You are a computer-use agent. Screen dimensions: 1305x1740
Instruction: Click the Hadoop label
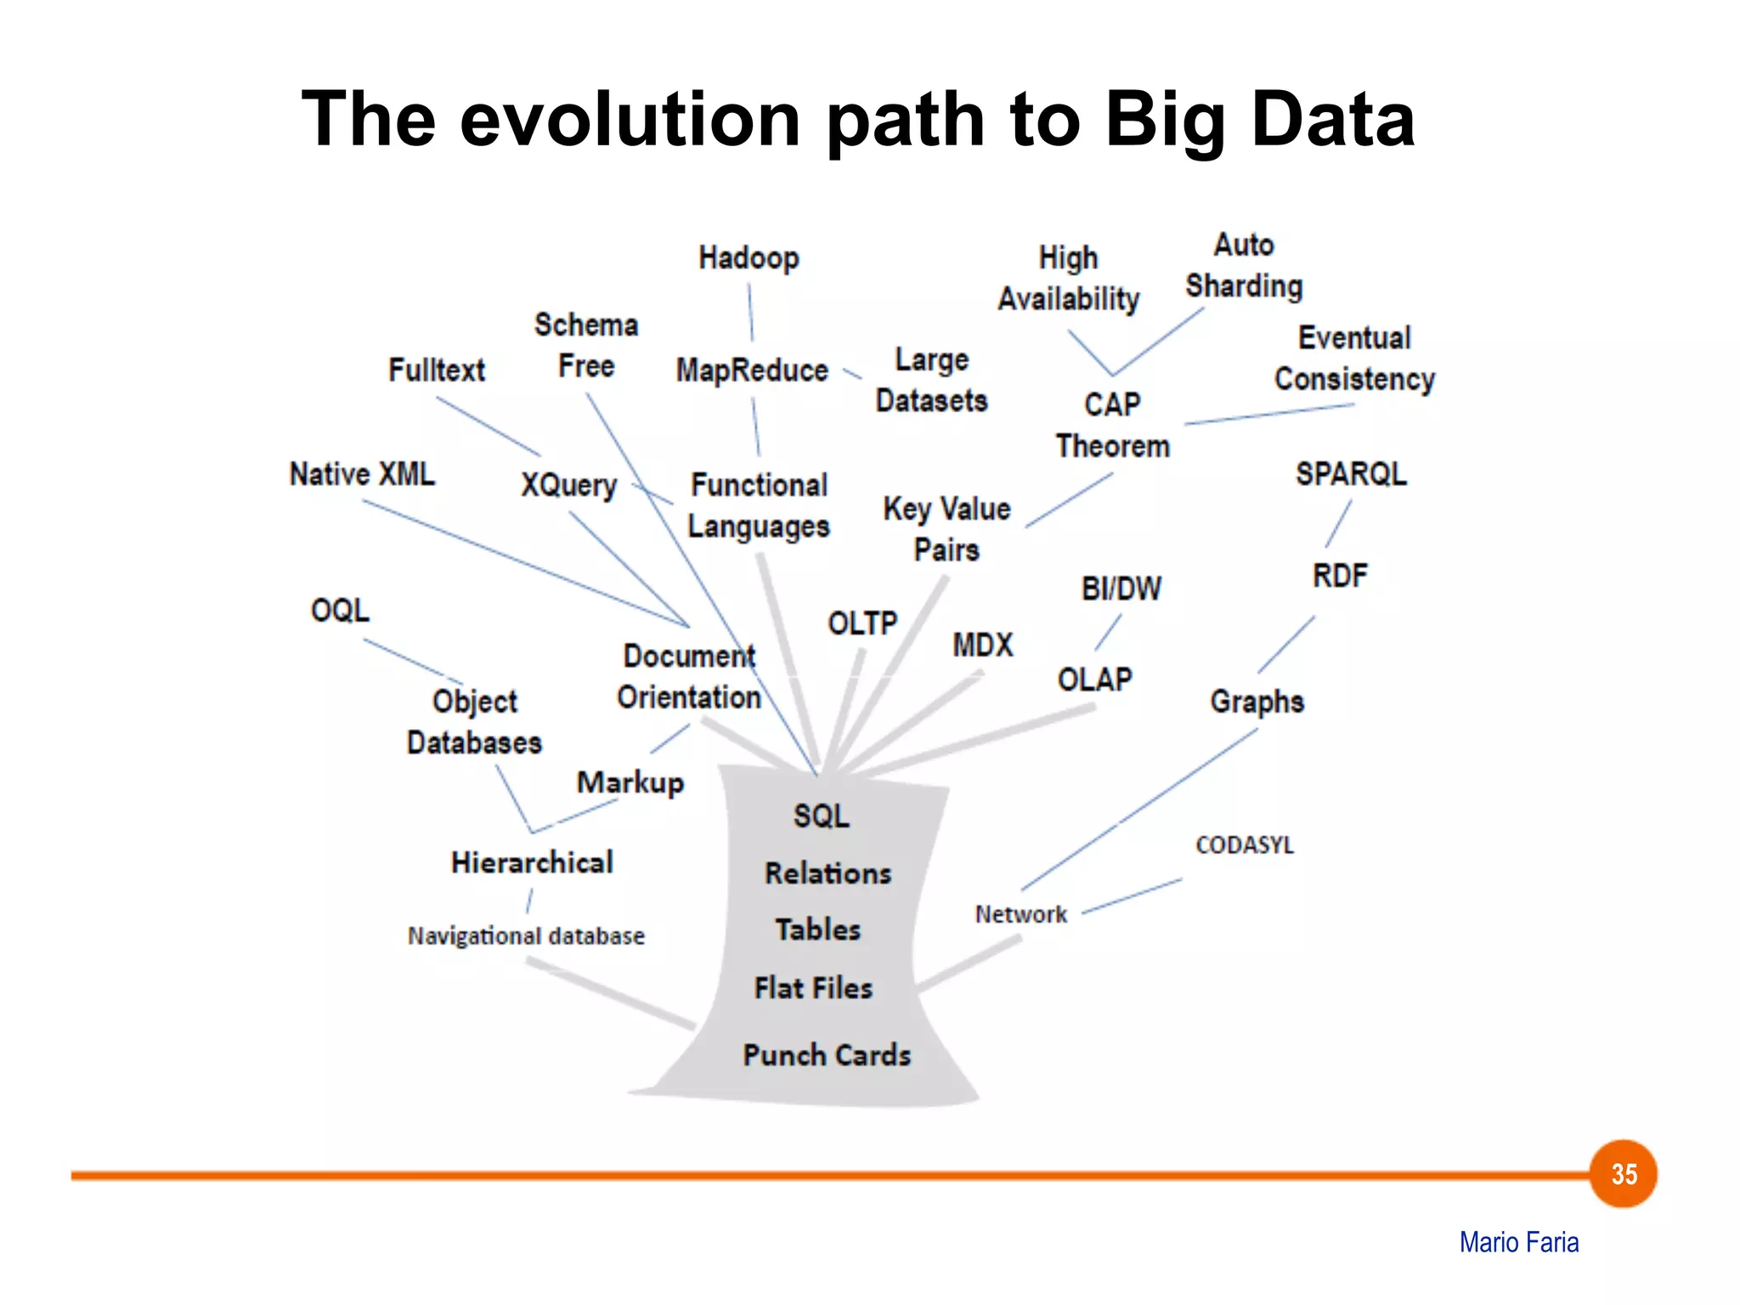pos(749,257)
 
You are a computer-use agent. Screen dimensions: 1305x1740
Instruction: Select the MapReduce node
pos(752,370)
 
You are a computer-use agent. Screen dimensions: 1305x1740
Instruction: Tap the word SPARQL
pos(1351,473)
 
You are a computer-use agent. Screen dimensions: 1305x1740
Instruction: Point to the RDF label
pos(1340,576)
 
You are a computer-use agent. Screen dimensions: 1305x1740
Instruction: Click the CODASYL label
pos(1244,845)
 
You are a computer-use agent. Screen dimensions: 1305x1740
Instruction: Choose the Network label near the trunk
pos(1020,914)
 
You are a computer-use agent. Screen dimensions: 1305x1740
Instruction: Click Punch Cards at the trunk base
pos(827,1054)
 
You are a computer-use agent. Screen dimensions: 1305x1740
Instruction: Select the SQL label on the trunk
pos(821,816)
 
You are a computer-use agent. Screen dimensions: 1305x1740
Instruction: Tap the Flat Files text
pos(813,988)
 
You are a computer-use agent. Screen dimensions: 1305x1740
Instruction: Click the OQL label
pos(340,610)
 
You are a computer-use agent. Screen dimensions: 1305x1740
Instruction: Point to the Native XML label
pos(362,473)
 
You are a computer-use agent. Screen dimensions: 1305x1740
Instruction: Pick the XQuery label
pos(568,485)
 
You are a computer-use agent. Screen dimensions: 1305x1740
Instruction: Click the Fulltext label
pos(437,370)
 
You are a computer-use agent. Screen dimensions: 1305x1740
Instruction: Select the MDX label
pos(983,645)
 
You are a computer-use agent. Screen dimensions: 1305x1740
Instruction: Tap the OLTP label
pos(862,624)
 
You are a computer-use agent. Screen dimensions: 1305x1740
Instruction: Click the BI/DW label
pos(1121,588)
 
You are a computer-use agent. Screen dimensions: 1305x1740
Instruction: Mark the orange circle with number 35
pos(1623,1174)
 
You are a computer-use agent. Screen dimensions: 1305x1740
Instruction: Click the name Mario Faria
pos(1518,1242)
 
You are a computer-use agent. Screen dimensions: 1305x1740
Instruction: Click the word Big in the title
pos(1164,120)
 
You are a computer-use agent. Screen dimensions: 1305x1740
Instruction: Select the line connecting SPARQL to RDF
pos(1338,524)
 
